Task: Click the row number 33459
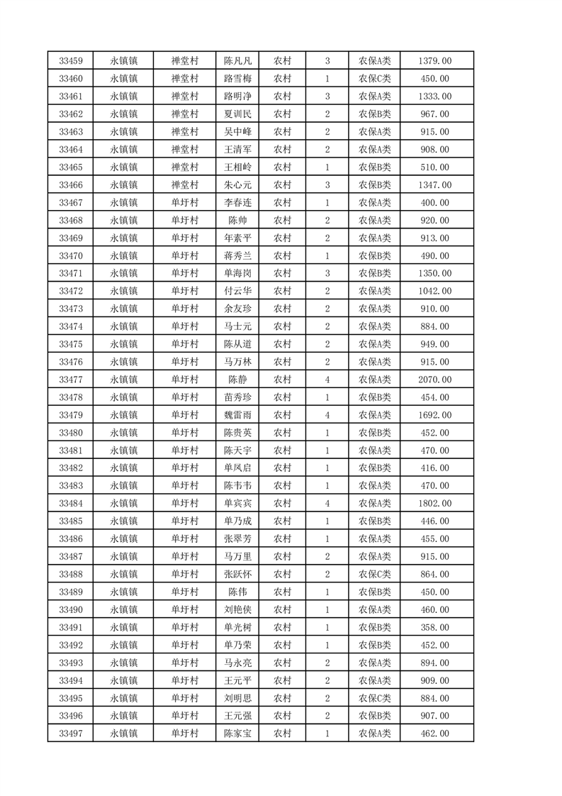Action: [71, 61]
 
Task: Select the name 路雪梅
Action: [237, 79]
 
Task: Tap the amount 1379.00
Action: [436, 61]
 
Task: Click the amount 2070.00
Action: [436, 380]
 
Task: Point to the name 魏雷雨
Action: [237, 415]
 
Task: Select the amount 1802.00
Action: [436, 504]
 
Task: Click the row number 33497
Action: [71, 734]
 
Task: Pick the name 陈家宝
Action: [237, 734]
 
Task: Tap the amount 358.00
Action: [436, 627]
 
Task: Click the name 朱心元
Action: [237, 185]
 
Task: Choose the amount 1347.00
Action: [436, 185]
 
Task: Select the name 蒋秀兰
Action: [237, 255]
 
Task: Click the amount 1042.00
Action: [436, 291]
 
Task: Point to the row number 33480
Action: [71, 433]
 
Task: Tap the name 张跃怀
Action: [237, 574]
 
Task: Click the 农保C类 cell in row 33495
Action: [374, 698]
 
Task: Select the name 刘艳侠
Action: [237, 609]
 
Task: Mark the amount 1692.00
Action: [436, 415]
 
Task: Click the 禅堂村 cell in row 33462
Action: [184, 114]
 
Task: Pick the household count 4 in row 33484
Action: [327, 504]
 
